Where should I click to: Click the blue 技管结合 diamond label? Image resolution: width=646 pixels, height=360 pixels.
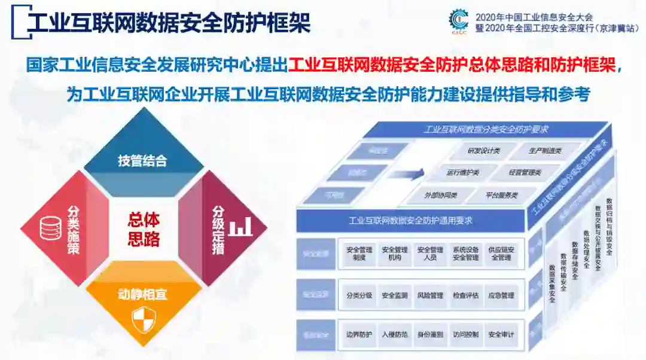[142, 160]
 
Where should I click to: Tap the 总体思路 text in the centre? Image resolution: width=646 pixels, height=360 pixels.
[144, 230]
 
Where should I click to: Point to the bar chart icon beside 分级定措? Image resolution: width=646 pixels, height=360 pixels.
[240, 226]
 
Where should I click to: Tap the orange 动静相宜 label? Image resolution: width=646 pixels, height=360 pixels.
[142, 294]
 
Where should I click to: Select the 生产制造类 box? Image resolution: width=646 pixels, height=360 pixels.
[544, 151]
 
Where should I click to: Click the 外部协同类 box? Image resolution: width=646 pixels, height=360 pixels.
[441, 195]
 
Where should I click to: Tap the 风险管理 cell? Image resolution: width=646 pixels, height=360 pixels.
[429, 295]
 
